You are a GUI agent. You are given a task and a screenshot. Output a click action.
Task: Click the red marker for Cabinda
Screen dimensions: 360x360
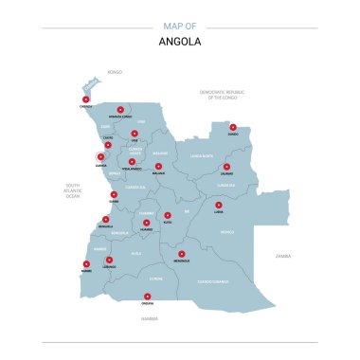tap(85, 99)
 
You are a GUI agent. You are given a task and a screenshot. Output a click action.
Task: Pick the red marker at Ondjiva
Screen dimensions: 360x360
tap(147, 297)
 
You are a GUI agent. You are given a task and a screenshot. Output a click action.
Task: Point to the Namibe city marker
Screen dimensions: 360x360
tap(86, 264)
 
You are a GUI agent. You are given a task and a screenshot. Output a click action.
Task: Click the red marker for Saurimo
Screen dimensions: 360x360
tap(226, 167)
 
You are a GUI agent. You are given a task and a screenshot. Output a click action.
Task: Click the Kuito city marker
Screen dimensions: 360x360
tap(168, 215)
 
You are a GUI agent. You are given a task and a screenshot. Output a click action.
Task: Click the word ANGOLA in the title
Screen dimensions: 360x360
tap(180, 42)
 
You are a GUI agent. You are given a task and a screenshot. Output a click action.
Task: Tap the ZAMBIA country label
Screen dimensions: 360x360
tap(283, 256)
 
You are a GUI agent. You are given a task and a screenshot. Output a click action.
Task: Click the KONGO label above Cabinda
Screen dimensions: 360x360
tap(115, 72)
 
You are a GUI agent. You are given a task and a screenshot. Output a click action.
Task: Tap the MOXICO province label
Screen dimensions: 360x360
tap(226, 231)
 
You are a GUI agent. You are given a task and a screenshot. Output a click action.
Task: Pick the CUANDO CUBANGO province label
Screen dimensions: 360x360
tap(213, 281)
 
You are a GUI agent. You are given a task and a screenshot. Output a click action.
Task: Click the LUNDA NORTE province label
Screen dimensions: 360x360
tap(202, 155)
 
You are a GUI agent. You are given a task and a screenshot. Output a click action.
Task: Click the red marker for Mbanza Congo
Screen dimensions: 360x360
tap(120, 109)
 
